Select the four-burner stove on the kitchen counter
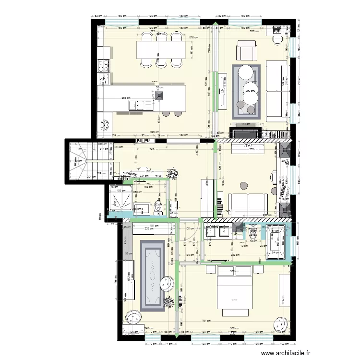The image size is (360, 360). click(x=104, y=65)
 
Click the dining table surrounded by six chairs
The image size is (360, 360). click(x=161, y=49)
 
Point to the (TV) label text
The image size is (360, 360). click(x=247, y=145)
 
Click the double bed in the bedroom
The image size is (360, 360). click(x=235, y=288)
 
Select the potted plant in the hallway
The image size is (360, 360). click(x=172, y=173)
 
